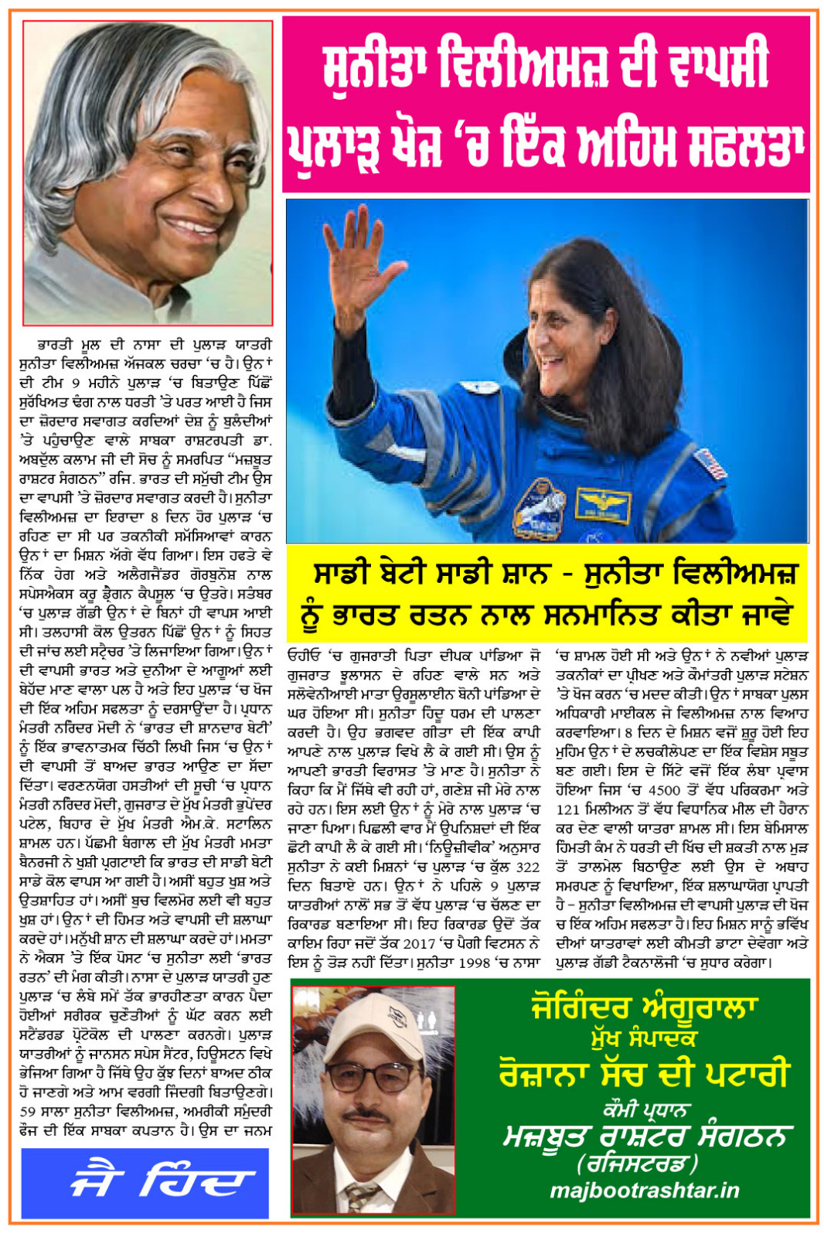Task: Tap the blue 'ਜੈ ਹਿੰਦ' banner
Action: click(145, 1182)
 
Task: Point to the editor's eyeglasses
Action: click(373, 1078)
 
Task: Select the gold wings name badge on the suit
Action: click(602, 503)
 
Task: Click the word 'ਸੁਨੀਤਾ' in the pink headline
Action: click(373, 68)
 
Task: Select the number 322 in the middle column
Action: click(528, 867)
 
